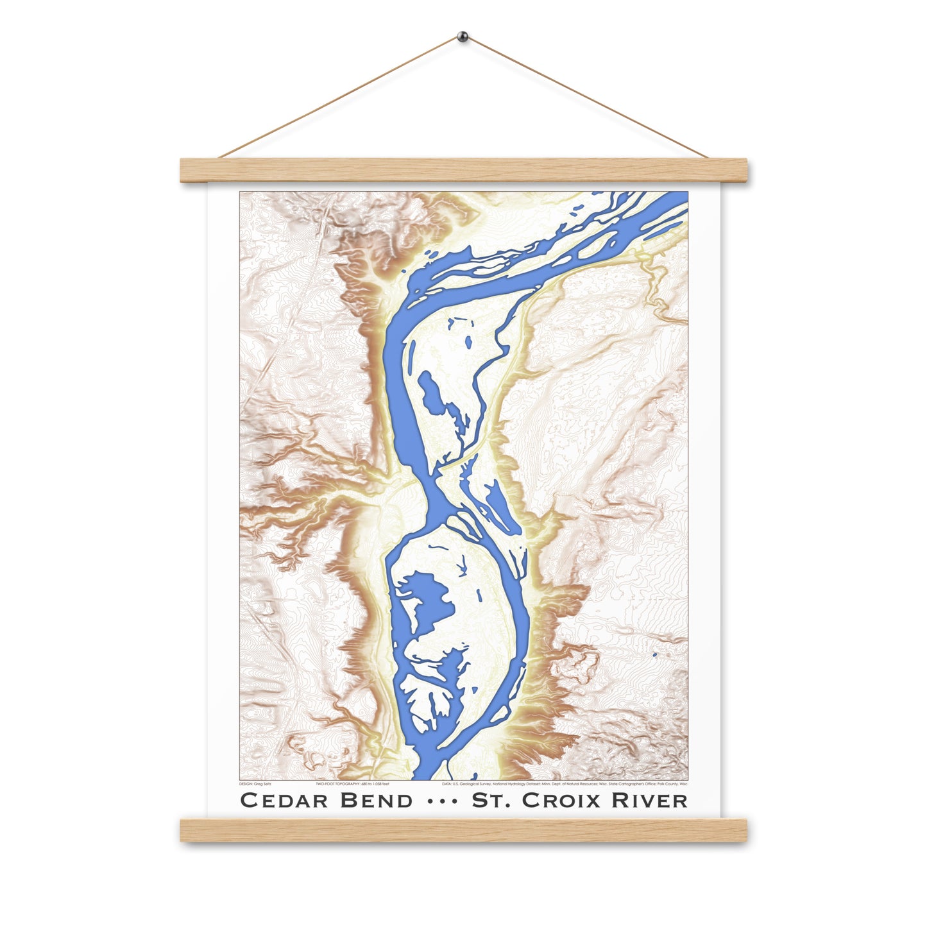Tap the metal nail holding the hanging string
tap(463, 37)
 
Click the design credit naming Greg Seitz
tap(255, 784)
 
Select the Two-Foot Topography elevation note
tap(353, 784)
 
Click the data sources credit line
tap(565, 784)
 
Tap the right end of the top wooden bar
tap(742, 169)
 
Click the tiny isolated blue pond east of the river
tap(654, 655)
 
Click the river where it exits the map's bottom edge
tap(424, 773)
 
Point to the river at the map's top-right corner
tap(674, 202)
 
